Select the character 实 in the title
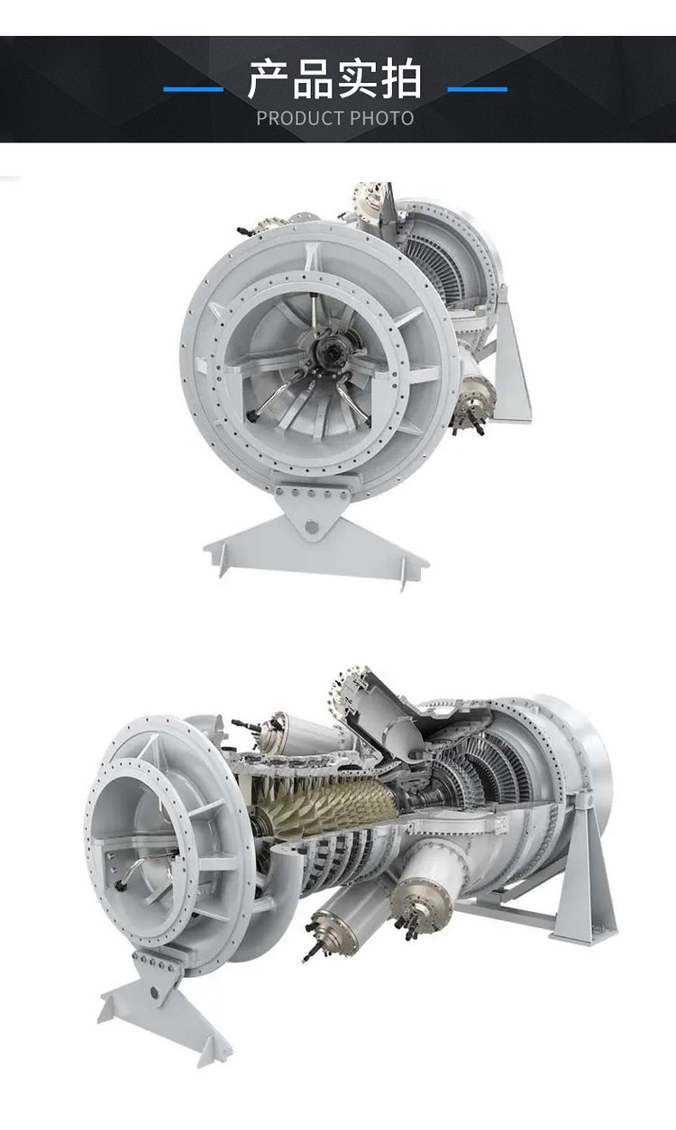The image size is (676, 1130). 357,79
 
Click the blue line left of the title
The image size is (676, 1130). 193,90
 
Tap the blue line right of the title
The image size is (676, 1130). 477,90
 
